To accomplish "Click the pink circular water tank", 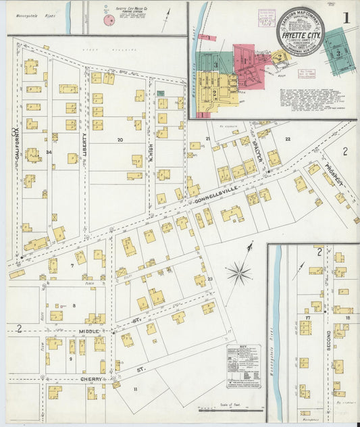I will tap(108, 21).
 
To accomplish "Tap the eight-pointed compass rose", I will tap(238, 273).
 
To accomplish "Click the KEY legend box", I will tap(244, 366).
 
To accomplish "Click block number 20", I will tap(120, 140).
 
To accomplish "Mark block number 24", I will tap(49, 152).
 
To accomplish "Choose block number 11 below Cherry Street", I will tap(135, 389).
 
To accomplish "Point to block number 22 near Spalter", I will tap(288, 139).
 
